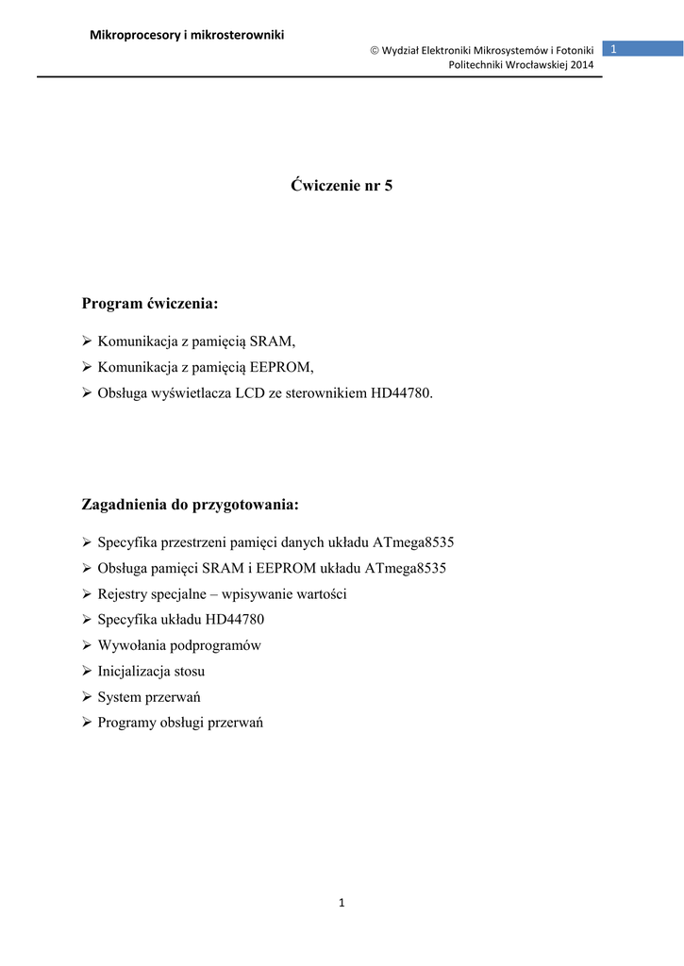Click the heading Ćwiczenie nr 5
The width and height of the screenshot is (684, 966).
342,186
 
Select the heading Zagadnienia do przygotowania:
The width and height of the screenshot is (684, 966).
191,506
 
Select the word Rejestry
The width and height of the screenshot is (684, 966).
122,594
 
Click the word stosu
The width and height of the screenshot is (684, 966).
187,672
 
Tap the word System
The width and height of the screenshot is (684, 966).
120,697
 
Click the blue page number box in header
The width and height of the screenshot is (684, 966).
642,48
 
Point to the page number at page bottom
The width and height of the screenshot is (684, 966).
342,904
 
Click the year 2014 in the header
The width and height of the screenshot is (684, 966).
582,64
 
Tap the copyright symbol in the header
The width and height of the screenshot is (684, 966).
374,49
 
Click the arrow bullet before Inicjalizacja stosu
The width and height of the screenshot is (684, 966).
87,672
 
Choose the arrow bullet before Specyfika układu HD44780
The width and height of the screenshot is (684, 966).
87,620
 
